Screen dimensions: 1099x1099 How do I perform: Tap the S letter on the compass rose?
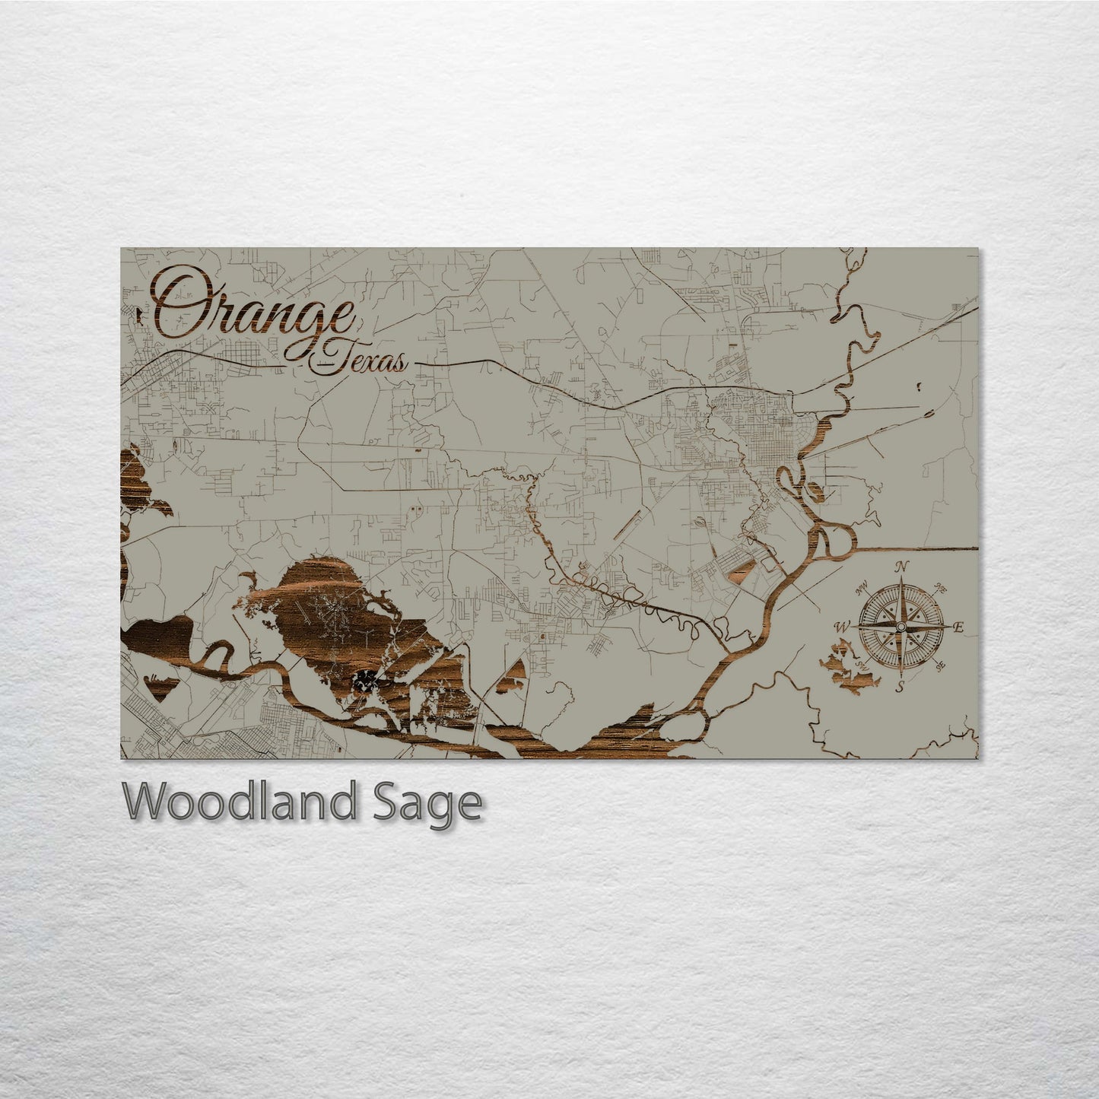pos(899,688)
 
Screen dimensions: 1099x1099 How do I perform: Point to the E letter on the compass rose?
pos(959,627)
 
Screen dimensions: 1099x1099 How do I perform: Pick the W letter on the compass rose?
pos(842,627)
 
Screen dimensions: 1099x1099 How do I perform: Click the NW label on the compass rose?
pos(862,586)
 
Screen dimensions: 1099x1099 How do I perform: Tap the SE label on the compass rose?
pos(941,666)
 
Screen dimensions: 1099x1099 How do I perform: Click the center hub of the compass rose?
pos(900,627)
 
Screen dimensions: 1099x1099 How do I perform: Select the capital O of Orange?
pos(176,304)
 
